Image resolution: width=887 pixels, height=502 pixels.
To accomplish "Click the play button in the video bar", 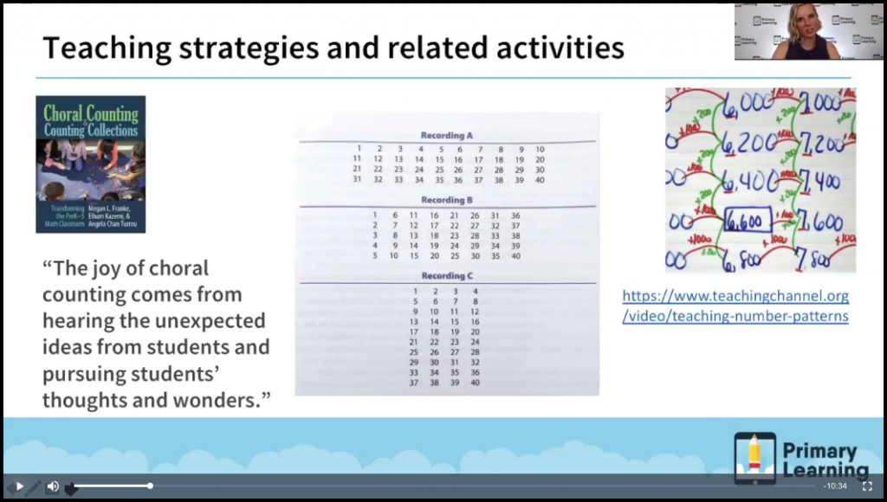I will (x=19, y=486).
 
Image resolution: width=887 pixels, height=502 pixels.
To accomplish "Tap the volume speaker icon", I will (x=52, y=486).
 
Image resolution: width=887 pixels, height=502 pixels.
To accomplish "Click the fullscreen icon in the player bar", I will (x=866, y=486).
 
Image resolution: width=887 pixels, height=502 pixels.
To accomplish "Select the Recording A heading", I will (x=447, y=135).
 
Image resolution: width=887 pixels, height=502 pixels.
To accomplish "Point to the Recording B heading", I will (x=447, y=201).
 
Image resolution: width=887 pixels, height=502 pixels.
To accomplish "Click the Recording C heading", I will (x=447, y=276).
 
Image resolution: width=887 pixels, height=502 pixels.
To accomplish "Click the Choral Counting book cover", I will (x=90, y=164).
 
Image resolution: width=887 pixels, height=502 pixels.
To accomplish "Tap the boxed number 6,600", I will (x=744, y=222).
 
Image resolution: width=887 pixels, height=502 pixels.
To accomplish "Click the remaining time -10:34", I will (x=835, y=486).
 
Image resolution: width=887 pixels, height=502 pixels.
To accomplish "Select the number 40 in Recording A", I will (x=540, y=180).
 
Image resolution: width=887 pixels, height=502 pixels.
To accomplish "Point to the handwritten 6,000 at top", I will (x=744, y=103).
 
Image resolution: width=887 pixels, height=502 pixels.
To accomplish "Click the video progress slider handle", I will (x=150, y=486).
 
